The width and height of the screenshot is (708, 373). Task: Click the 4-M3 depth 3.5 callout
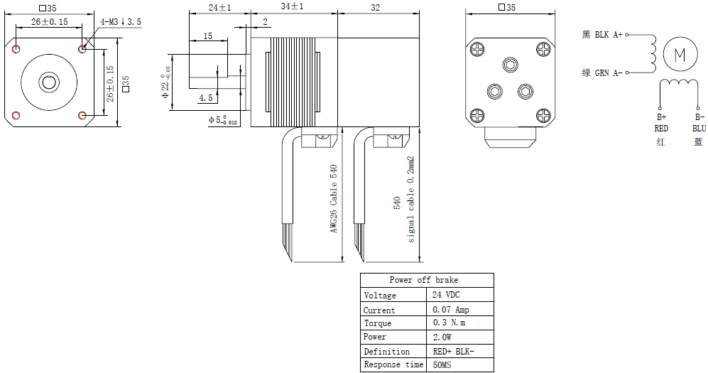[x=121, y=22]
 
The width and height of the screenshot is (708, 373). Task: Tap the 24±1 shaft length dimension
[x=219, y=7]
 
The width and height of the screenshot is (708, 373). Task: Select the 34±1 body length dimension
[x=292, y=7]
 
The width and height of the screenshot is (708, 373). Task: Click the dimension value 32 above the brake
[x=376, y=7]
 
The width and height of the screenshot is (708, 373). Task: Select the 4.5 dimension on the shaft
[x=206, y=97]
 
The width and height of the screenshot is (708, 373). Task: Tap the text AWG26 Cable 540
[x=333, y=199]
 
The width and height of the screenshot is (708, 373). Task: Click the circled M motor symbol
[x=680, y=54]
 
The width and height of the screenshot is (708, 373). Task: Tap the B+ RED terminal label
[x=661, y=123]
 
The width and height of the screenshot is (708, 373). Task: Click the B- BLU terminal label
[x=699, y=123]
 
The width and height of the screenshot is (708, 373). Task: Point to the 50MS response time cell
[x=442, y=364]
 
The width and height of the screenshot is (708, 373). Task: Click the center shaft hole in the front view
[x=49, y=81]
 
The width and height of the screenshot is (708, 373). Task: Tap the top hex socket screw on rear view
[x=510, y=65]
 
